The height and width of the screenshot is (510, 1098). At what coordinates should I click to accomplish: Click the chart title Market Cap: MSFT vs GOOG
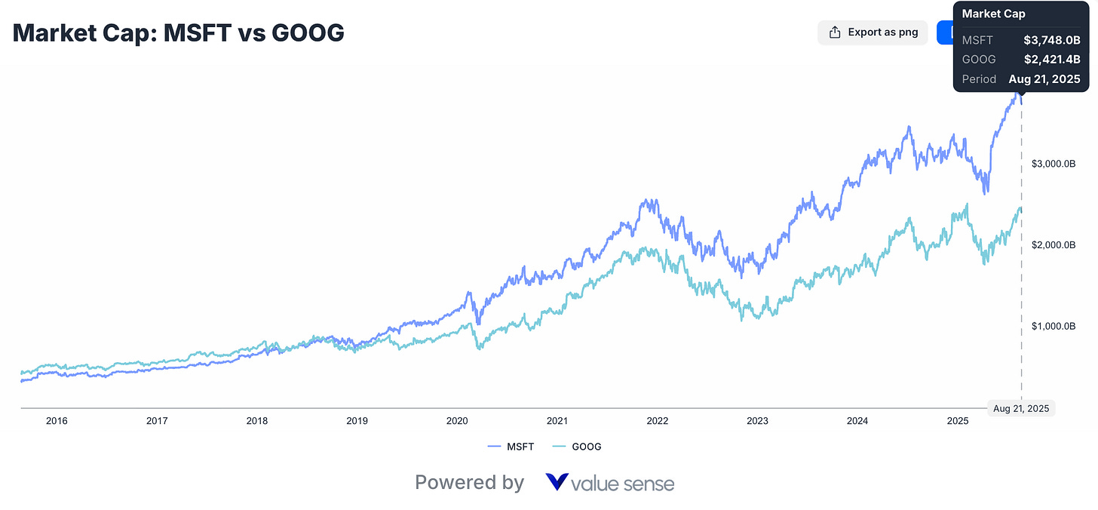coord(179,32)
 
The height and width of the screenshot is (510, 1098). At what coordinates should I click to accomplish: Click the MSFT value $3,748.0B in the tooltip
coord(1051,40)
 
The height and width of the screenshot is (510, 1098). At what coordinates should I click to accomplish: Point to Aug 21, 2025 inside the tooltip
coord(1044,79)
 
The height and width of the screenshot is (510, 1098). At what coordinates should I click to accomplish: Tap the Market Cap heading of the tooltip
coord(993,14)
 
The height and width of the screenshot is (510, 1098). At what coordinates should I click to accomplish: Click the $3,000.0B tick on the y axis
coord(1054,164)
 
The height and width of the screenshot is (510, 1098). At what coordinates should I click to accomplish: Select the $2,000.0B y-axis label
coord(1054,245)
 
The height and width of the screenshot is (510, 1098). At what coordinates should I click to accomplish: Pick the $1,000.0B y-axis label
coord(1054,327)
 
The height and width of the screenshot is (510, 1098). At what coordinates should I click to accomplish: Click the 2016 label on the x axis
coord(57,421)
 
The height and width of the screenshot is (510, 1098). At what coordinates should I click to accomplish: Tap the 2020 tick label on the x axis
coord(457,421)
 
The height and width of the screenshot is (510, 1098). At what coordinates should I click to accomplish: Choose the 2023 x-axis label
coord(757,421)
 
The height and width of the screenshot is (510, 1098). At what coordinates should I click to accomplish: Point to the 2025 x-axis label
coord(957,421)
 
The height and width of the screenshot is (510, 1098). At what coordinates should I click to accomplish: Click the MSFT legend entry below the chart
coord(512,447)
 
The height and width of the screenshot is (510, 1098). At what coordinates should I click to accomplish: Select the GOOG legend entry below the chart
coord(578,447)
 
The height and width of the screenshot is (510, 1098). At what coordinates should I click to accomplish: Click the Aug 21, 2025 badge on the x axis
coord(1021,408)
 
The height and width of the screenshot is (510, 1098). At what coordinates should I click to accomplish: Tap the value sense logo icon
coord(557,483)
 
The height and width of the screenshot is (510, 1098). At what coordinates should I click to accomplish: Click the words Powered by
coord(469,483)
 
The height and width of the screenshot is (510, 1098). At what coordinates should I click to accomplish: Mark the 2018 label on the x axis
coord(257,421)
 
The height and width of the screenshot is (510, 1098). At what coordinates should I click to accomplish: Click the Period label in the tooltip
coord(979,79)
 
